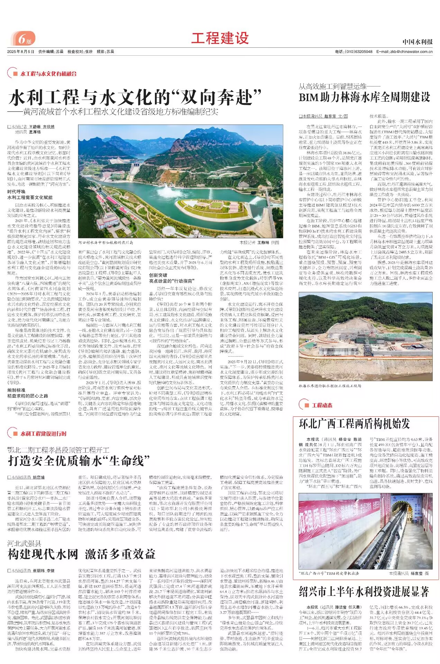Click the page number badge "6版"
click(23, 39)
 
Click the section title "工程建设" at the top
click(220, 38)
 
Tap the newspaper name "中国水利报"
click(417, 42)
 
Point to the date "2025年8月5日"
click(21, 52)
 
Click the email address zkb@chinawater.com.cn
click(411, 52)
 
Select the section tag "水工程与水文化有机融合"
click(48, 74)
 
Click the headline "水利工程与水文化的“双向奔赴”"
click(135, 98)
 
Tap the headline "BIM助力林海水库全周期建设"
click(364, 98)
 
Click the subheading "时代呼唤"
click(16, 192)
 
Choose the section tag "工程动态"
click(322, 405)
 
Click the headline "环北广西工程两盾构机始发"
click(354, 424)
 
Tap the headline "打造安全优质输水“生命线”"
click(79, 461)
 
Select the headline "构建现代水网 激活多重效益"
click(81, 554)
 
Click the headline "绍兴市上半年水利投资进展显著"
click(364, 592)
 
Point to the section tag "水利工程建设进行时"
click(43, 434)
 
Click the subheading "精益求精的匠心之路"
click(28, 396)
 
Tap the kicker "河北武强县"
click(24, 544)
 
